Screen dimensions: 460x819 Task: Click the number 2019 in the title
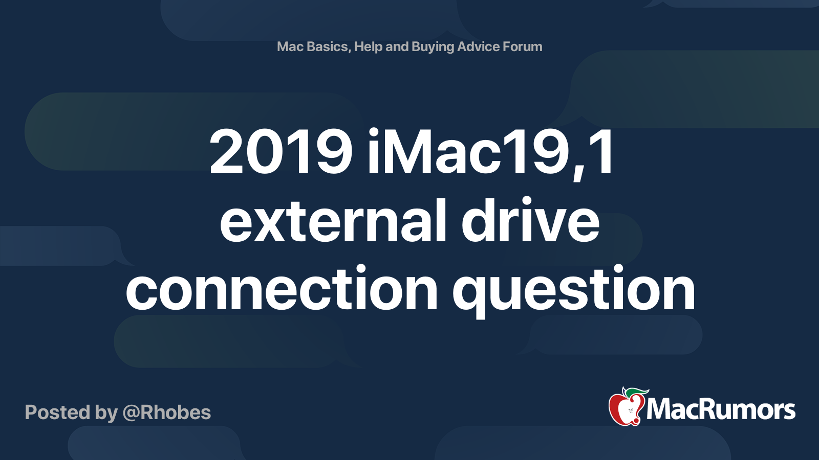click(x=281, y=152)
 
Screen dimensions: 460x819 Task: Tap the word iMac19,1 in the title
click(x=490, y=152)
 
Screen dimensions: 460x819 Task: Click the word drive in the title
click(x=530, y=221)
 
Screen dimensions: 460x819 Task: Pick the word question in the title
click(x=573, y=289)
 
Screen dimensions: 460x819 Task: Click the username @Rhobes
click(x=167, y=412)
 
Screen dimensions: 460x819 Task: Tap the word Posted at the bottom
click(x=57, y=412)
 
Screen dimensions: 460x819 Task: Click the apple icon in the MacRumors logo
click(x=625, y=409)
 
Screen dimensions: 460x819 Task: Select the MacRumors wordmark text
click(x=721, y=410)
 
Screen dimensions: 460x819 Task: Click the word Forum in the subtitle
click(x=522, y=47)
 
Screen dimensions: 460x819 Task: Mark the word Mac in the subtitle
click(x=290, y=47)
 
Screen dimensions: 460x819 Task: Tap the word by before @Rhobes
click(x=106, y=412)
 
